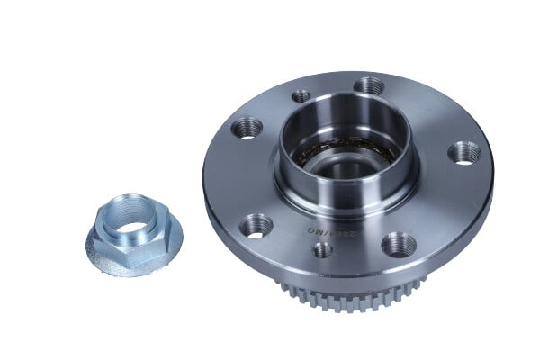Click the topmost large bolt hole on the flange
click(x=369, y=86)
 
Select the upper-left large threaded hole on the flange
click(x=247, y=129)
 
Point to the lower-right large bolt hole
click(x=398, y=244)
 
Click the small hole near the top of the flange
click(x=301, y=95)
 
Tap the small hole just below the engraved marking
click(x=322, y=249)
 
